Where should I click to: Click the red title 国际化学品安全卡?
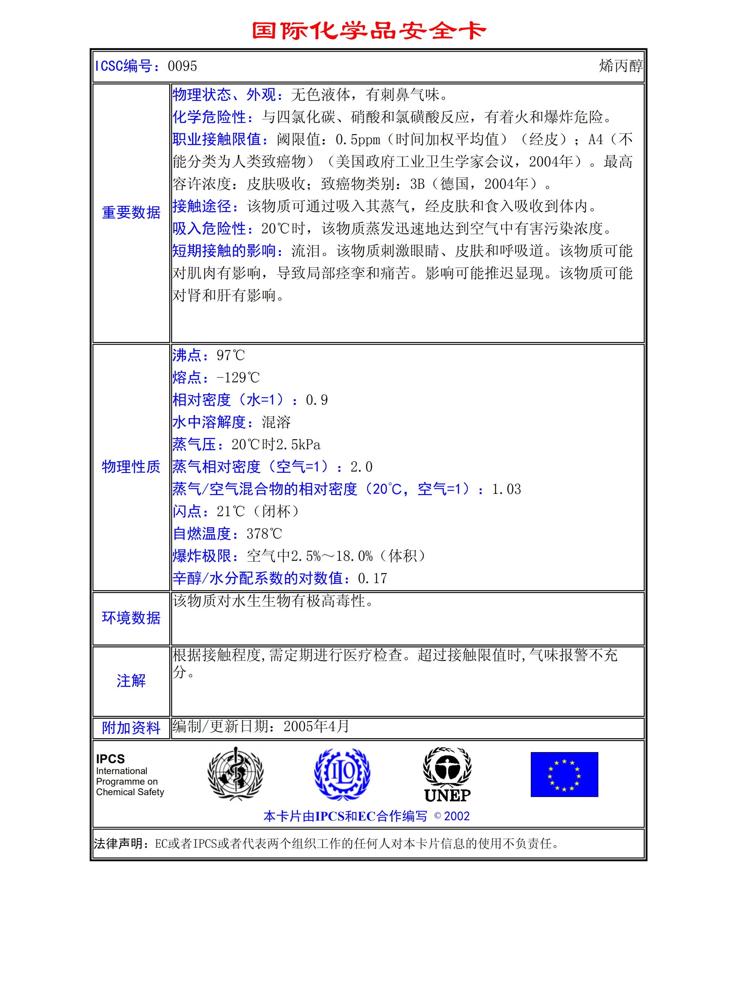(x=368, y=31)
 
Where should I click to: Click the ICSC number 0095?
(x=182, y=66)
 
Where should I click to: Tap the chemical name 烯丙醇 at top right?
(x=620, y=66)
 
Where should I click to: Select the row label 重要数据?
(x=131, y=212)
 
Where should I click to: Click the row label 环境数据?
(x=131, y=618)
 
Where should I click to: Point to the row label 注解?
(x=131, y=681)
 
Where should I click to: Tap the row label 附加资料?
(x=131, y=728)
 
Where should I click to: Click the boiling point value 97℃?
(x=231, y=355)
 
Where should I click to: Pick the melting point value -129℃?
(x=238, y=378)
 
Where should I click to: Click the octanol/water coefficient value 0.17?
(x=372, y=578)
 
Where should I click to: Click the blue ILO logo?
(x=342, y=774)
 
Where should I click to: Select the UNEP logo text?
(x=447, y=795)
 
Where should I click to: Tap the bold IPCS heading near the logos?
(x=110, y=759)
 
